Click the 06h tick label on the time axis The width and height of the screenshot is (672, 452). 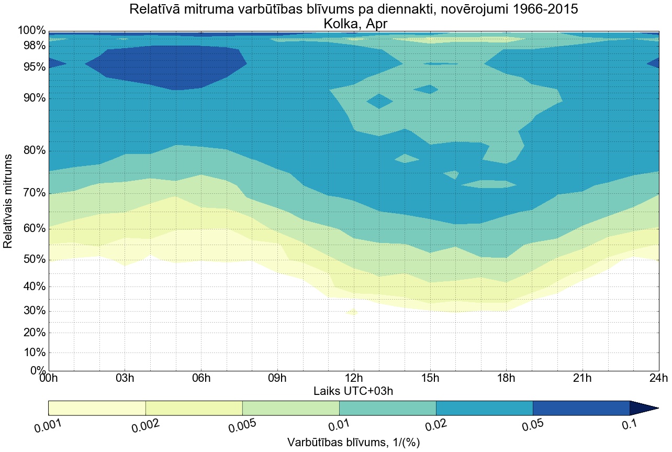[201, 378]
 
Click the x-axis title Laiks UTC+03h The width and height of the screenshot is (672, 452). [353, 391]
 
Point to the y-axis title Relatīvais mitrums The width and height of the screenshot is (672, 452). [9, 201]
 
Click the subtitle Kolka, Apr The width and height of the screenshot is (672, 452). [354, 24]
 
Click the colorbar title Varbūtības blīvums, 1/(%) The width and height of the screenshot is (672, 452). [353, 443]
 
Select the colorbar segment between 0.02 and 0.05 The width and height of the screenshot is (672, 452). [484, 408]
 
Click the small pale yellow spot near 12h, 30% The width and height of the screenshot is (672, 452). [351, 312]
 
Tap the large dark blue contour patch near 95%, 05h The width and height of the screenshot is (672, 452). [167, 65]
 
